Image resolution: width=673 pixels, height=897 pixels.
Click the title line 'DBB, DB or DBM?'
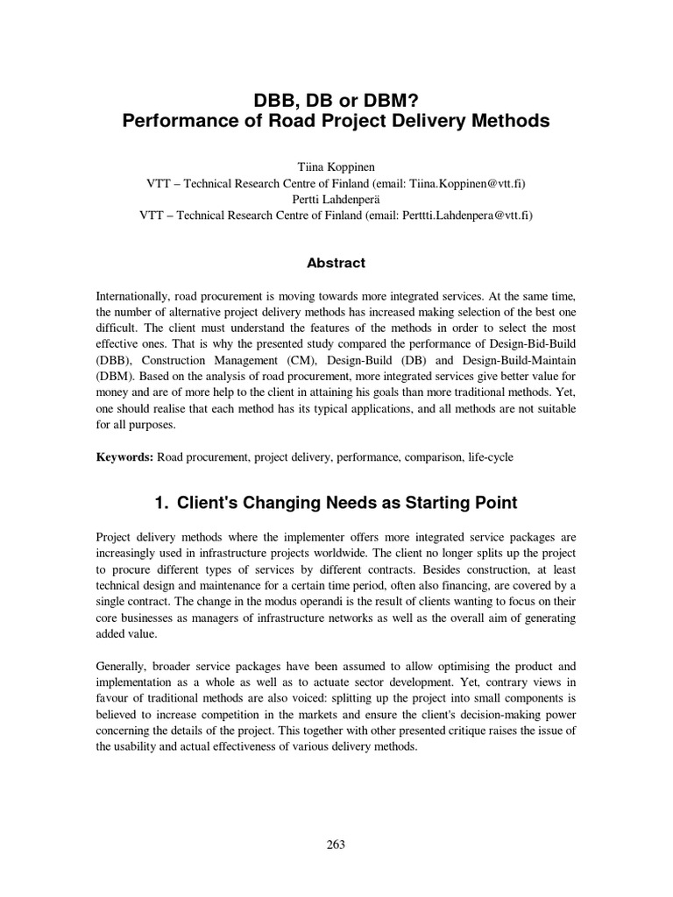336,99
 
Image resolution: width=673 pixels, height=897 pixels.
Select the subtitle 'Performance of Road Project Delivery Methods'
336,122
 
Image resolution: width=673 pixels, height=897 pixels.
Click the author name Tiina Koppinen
336,167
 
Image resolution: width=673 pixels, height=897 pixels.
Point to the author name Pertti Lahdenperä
336,200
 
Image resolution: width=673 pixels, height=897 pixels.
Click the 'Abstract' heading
336,263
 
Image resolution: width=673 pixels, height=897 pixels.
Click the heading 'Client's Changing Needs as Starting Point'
347,503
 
